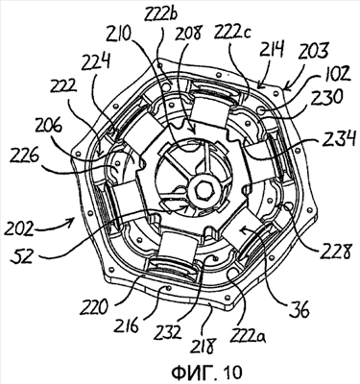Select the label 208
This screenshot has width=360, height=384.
[189, 33]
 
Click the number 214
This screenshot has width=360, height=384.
[271, 50]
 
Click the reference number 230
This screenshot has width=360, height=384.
[329, 97]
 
